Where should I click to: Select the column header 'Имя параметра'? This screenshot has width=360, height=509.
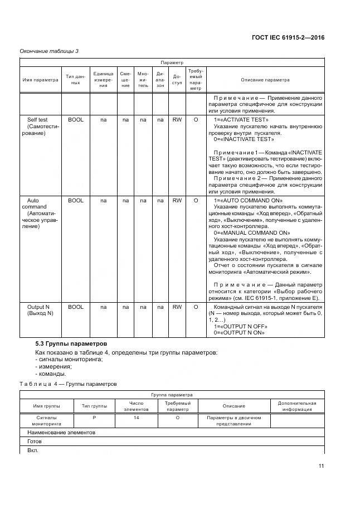point(40,80)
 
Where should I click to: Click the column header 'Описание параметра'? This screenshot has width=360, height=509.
point(265,80)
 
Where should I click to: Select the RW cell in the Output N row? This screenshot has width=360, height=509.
point(177,307)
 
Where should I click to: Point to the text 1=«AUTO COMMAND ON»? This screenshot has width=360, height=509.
point(248,200)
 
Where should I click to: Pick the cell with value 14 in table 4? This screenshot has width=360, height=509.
point(136,417)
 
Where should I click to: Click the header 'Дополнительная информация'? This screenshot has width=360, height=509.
point(296,406)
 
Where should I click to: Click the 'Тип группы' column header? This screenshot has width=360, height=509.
point(94,406)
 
